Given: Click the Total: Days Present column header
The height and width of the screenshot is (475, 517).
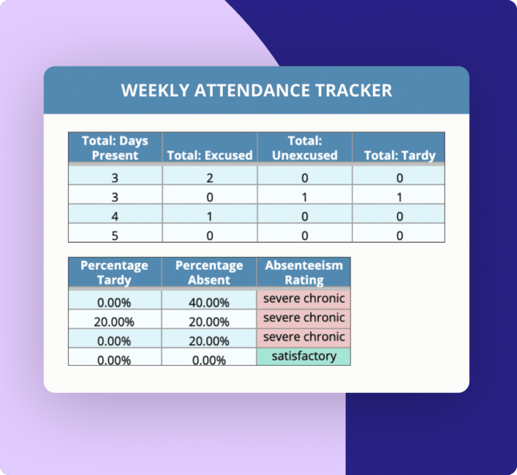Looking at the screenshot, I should click(115, 148).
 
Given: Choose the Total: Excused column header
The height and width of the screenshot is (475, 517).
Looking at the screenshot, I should click(210, 155).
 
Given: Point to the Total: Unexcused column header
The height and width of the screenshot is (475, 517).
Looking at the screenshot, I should click(304, 148).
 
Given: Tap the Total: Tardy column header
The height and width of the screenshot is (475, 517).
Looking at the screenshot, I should click(399, 155).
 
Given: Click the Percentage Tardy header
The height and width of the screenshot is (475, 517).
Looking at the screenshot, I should click(114, 272).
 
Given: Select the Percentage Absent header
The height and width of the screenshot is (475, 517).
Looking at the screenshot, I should click(209, 272).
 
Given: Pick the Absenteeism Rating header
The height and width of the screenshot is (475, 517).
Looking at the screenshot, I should click(304, 272).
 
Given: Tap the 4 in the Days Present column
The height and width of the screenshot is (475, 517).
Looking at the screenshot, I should click(115, 216).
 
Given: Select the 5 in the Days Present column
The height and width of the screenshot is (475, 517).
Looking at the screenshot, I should click(115, 236).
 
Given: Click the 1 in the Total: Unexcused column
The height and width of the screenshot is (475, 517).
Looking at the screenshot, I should click(304, 197).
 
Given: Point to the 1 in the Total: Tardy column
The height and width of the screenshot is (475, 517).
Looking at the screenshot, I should click(399, 197).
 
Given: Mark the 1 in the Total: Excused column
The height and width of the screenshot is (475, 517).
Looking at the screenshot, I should click(210, 216).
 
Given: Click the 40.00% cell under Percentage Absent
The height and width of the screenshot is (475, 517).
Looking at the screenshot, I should click(209, 302).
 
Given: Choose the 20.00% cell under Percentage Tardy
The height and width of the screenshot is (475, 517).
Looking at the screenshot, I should click(114, 322).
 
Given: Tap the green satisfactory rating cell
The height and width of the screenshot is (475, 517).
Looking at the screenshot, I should click(304, 356).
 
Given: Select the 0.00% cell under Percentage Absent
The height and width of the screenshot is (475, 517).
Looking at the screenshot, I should click(209, 360).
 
